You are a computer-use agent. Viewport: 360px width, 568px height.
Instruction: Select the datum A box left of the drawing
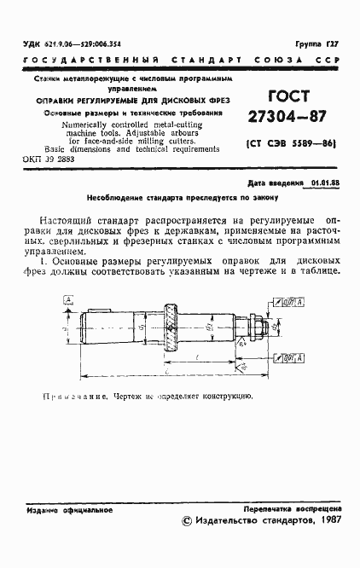(x=67, y=299)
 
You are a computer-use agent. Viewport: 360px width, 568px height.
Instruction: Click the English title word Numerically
(x=69, y=123)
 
